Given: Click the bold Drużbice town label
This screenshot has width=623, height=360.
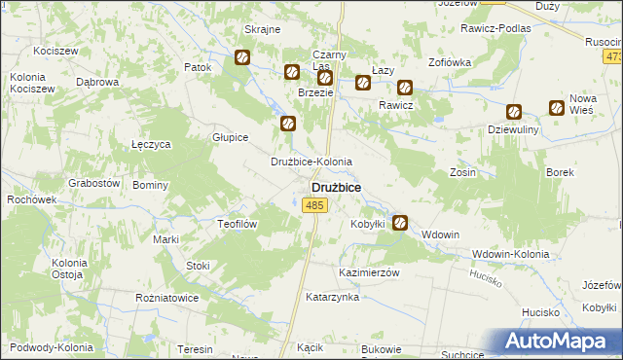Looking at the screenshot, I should tap(335, 186).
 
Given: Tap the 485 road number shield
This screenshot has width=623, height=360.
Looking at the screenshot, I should tap(313, 204).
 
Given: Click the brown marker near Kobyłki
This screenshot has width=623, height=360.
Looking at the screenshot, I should tap(399, 224).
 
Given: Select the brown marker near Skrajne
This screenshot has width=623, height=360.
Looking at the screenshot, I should tap(241, 59).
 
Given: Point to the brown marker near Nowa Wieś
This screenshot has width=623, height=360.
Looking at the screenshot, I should tap(556, 108).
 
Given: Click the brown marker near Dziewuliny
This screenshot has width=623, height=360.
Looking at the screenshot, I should tap(514, 112).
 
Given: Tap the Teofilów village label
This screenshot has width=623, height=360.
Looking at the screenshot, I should tap(235, 223).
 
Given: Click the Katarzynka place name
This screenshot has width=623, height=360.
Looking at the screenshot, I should tap(332, 297).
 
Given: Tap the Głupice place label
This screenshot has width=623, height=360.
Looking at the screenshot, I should tap(231, 137).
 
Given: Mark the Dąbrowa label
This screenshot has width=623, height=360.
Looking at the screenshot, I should tap(96, 83).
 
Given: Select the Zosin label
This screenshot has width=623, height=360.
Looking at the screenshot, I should tap(462, 171).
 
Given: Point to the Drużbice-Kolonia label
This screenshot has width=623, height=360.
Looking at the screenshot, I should tap(311, 162).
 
